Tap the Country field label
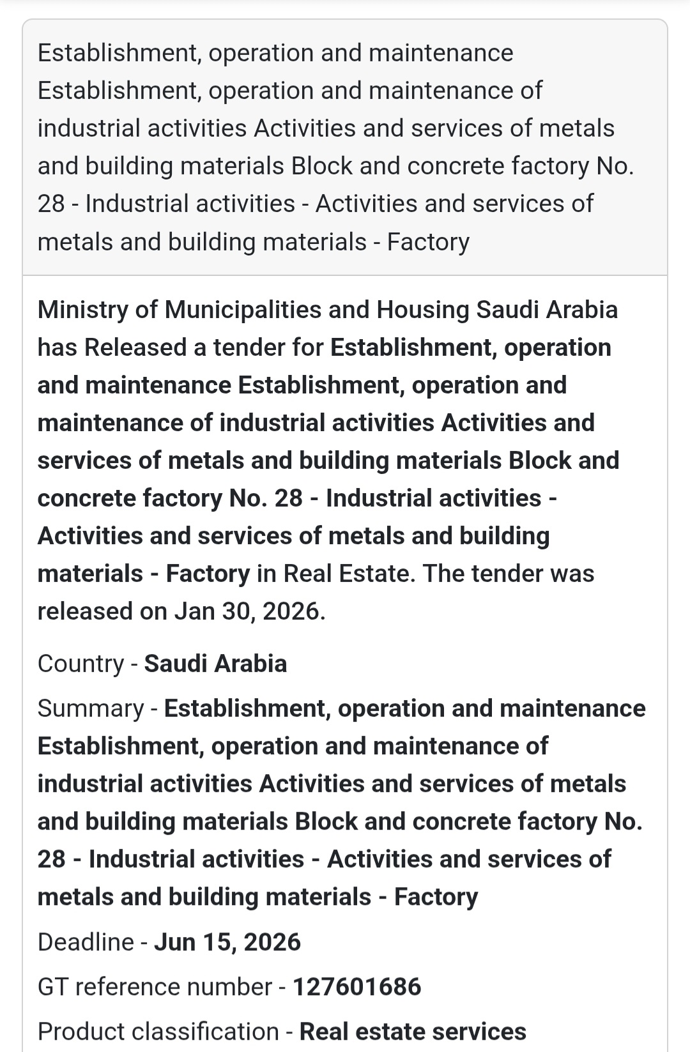(x=80, y=664)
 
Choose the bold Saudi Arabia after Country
(x=215, y=664)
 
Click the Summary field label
(x=91, y=708)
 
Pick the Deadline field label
(x=86, y=942)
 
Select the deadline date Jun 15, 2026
(x=227, y=942)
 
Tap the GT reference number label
(x=155, y=987)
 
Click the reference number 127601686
(x=357, y=987)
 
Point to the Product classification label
(x=158, y=1032)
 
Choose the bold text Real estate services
(x=413, y=1032)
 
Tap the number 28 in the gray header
(x=51, y=204)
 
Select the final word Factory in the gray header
(x=428, y=242)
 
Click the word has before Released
(x=57, y=347)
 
